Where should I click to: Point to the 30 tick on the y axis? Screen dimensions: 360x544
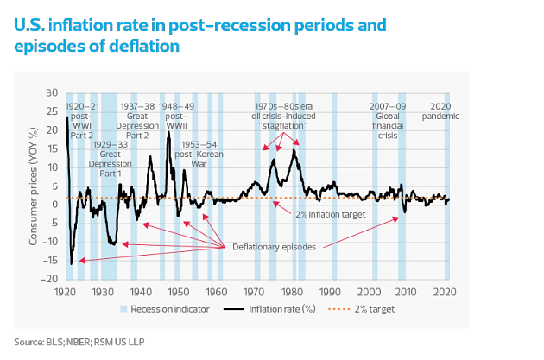coord(54,92)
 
